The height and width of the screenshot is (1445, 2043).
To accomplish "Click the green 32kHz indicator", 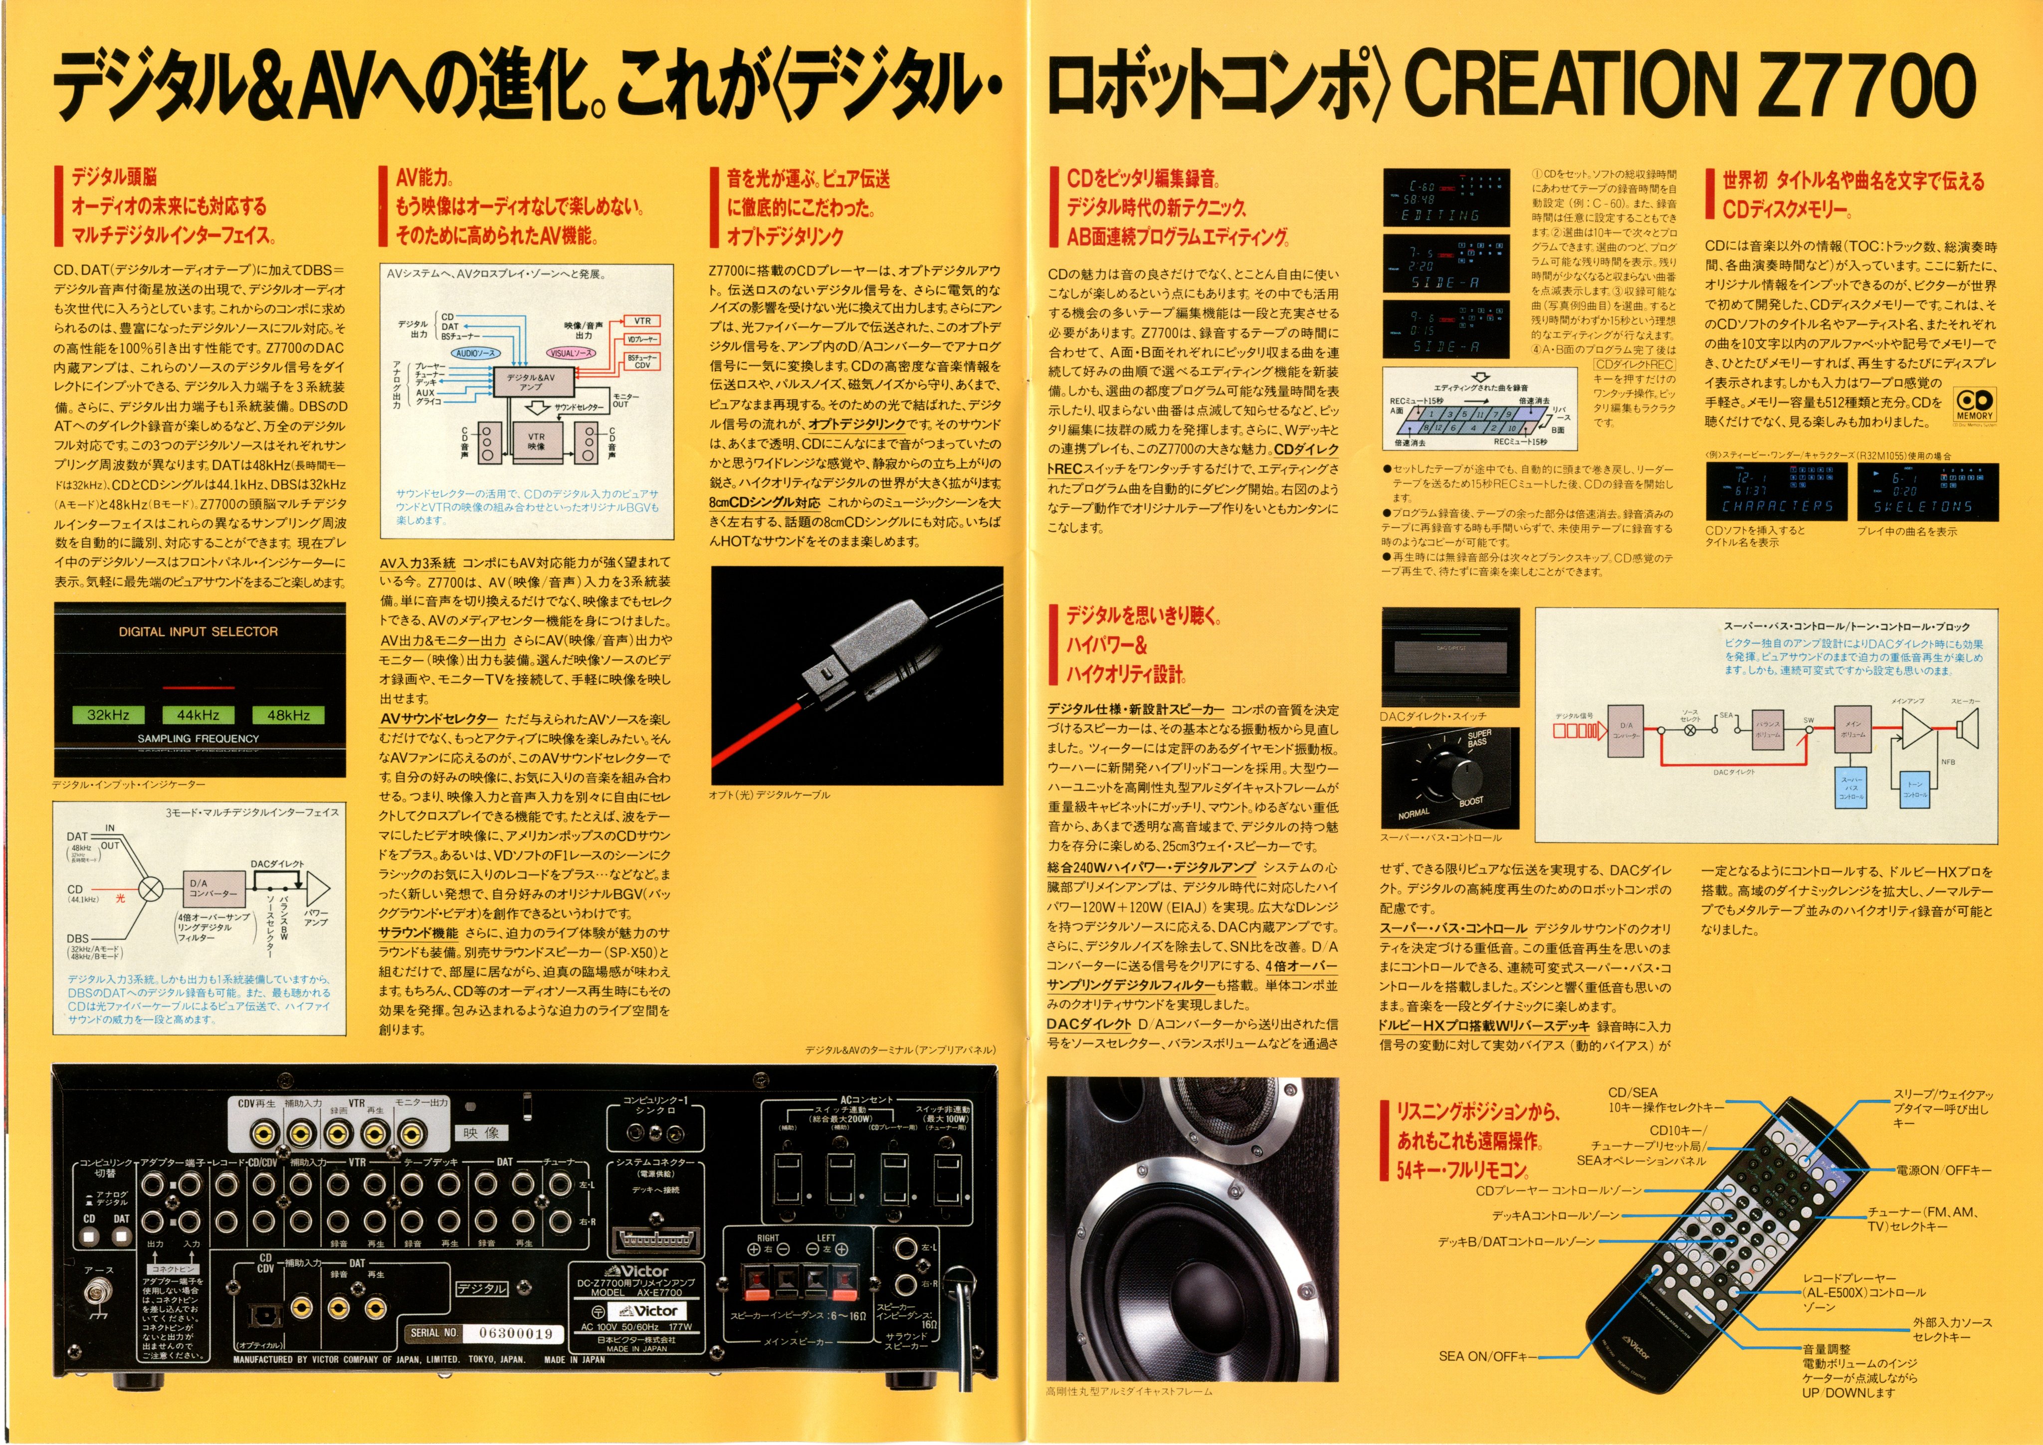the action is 109,714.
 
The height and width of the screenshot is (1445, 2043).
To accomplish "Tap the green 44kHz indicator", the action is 199,714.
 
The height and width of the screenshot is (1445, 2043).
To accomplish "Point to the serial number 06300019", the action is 515,1333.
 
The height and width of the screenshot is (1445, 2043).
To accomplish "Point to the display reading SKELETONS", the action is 1926,491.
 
